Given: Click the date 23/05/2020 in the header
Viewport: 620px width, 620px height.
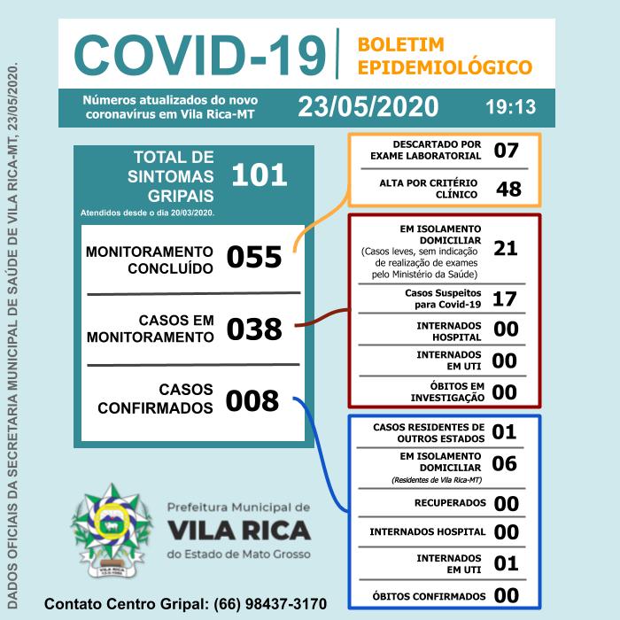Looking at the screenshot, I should pyautogui.click(x=368, y=106).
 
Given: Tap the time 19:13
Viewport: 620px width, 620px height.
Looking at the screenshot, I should pyautogui.click(x=511, y=107).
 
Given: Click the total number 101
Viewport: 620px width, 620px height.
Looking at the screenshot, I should pyautogui.click(x=260, y=174).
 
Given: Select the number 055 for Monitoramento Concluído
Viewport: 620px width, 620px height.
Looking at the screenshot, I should pyautogui.click(x=254, y=258).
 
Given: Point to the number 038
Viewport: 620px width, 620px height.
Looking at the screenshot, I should pyautogui.click(x=254, y=329).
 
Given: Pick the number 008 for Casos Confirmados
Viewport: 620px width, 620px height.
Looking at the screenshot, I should pyautogui.click(x=252, y=401).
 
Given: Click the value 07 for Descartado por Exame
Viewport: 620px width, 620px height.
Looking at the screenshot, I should pyautogui.click(x=506, y=150).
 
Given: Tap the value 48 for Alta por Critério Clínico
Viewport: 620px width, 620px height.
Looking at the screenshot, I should pyautogui.click(x=508, y=189).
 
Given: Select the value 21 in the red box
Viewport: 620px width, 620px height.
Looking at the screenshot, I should pyautogui.click(x=505, y=248).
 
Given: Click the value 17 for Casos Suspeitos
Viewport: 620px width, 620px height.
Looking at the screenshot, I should pyautogui.click(x=504, y=298).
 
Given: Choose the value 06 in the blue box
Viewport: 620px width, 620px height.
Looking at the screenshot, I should pyautogui.click(x=504, y=463).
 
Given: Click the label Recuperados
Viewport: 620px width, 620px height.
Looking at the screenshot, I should pyautogui.click(x=450, y=503).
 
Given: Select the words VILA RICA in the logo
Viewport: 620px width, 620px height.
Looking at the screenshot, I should pyautogui.click(x=238, y=530).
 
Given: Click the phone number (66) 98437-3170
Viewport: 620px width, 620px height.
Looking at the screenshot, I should pyautogui.click(x=270, y=604).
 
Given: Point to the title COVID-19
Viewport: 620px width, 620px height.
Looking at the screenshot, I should pyautogui.click(x=199, y=55).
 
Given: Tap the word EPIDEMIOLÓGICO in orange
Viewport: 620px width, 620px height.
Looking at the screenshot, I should pyautogui.click(x=445, y=67).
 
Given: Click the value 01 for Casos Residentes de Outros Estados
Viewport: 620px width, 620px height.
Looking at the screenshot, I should pyautogui.click(x=504, y=431).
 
